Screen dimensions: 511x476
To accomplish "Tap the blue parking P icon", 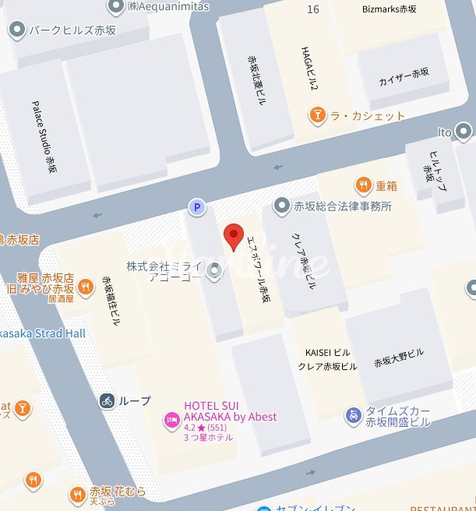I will pyautogui.click(x=197, y=207).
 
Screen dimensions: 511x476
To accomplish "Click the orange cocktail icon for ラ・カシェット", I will pyautogui.click(x=318, y=116).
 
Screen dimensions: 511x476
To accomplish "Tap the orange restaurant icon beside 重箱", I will pyautogui.click(x=363, y=185).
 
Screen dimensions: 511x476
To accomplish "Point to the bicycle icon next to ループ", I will pyautogui.click(x=108, y=401).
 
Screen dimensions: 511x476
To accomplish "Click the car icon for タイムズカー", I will pyautogui.click(x=354, y=415).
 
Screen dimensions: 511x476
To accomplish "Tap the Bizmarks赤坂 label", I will pyautogui.click(x=390, y=10).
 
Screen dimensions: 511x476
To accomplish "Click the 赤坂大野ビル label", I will pyautogui.click(x=398, y=358).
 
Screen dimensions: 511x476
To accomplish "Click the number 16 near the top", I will pyautogui.click(x=313, y=9).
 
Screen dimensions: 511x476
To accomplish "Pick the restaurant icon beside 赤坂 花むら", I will pyautogui.click(x=76, y=494).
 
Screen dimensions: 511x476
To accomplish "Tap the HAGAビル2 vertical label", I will pyautogui.click(x=310, y=67).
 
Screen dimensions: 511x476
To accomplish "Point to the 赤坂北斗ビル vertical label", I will pyautogui.click(x=256, y=83).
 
